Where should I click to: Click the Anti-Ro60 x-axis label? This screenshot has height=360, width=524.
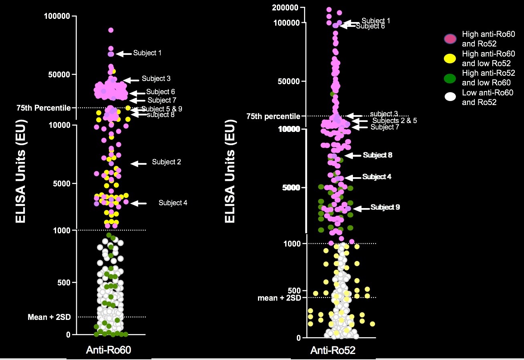[109, 350]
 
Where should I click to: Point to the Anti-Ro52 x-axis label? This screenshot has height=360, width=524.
[333, 350]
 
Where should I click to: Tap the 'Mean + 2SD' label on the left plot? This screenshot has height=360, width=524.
[49, 317]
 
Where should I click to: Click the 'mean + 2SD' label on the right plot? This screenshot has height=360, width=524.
[278, 298]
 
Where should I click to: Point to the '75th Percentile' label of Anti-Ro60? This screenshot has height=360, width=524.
[44, 108]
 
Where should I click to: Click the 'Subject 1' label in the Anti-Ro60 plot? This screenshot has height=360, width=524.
[147, 53]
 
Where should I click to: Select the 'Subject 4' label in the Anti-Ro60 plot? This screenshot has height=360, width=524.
[173, 203]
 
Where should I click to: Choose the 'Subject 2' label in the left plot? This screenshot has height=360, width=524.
[166, 162]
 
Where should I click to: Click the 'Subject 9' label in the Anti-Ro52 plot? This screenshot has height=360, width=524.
[385, 207]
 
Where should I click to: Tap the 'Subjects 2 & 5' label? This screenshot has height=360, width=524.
[395, 120]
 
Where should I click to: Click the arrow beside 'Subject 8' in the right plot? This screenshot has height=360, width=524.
[353, 155]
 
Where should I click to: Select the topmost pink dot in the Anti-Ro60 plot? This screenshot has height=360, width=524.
[111, 30]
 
